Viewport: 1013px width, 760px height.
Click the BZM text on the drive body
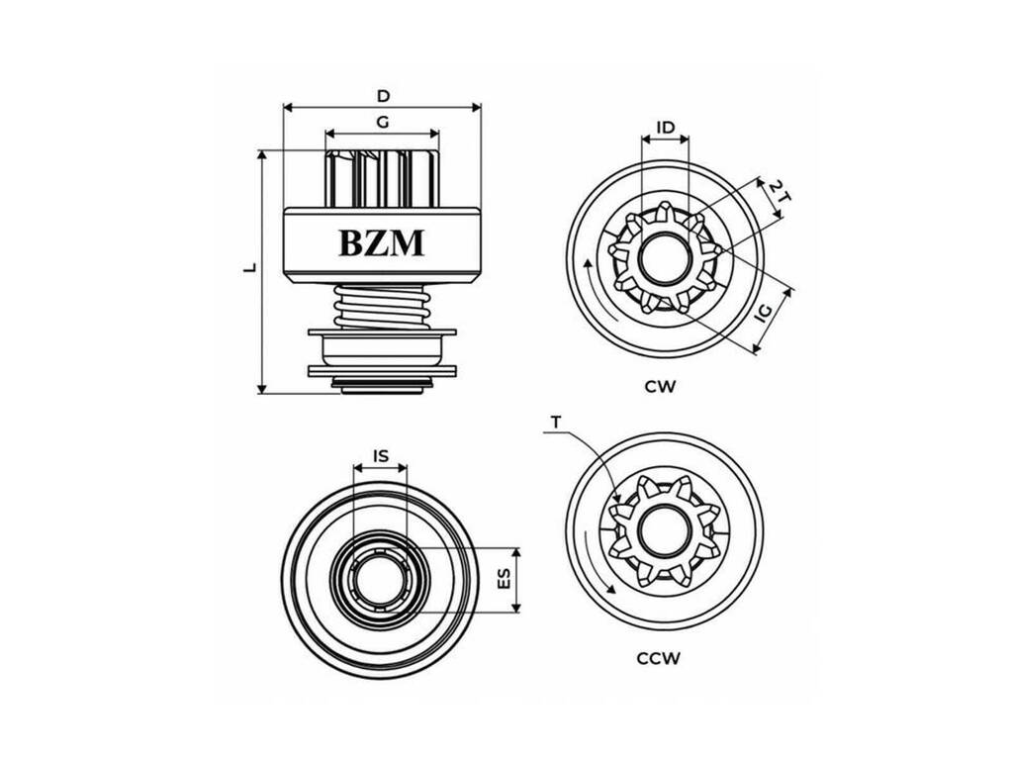[382, 243]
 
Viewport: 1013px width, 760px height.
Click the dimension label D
[384, 96]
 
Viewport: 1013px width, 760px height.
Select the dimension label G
[383, 122]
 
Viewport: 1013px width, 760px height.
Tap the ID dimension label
[666, 128]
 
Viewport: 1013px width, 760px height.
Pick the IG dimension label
[765, 313]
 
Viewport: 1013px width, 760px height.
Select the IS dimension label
[381, 455]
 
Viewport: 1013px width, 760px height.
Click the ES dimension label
[504, 578]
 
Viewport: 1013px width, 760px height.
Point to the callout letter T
[556, 423]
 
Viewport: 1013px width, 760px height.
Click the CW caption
[660, 387]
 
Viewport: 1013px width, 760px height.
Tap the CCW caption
[659, 658]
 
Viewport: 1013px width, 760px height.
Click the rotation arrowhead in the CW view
[588, 262]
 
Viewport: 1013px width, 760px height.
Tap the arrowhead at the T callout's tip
[617, 498]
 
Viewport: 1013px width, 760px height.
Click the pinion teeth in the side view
[382, 178]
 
